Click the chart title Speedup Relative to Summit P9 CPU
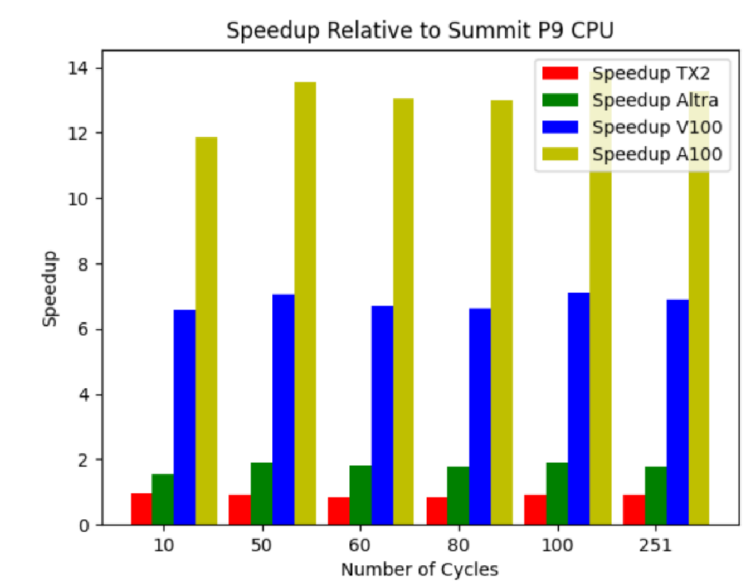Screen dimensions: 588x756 pyautogui.click(x=420, y=30)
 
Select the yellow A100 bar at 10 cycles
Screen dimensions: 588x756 pyautogui.click(x=206, y=331)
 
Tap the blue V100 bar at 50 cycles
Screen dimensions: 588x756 pyautogui.click(x=283, y=410)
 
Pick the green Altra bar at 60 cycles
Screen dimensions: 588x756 pyautogui.click(x=360, y=495)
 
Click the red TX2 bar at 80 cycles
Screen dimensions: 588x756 pyautogui.click(x=437, y=511)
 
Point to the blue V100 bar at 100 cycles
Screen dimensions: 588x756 pyautogui.click(x=578, y=408)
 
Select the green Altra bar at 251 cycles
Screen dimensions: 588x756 pyautogui.click(x=655, y=495)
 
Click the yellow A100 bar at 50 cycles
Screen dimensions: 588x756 pyautogui.click(x=305, y=303)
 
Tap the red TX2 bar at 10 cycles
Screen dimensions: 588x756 pyautogui.click(x=141, y=509)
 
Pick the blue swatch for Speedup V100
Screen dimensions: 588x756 pyautogui.click(x=560, y=127)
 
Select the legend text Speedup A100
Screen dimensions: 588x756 pyautogui.click(x=657, y=154)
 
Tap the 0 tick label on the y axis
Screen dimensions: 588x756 pyautogui.click(x=84, y=525)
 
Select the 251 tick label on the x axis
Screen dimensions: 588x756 pyautogui.click(x=655, y=545)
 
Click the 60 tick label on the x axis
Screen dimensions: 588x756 pyautogui.click(x=360, y=545)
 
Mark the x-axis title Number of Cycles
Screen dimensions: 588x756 pyautogui.click(x=420, y=569)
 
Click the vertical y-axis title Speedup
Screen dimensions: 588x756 pyautogui.click(x=50, y=288)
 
